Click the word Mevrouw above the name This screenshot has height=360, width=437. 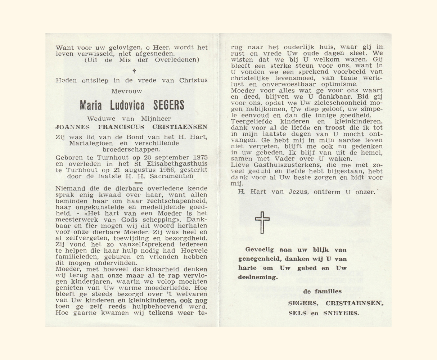coord(127,91)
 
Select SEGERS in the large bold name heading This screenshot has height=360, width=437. coord(169,105)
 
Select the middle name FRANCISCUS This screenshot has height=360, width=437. coord(122,127)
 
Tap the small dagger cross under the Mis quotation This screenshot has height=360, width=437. coord(134,71)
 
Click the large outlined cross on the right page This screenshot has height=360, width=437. coord(262,222)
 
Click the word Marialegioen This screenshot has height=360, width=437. coord(87,143)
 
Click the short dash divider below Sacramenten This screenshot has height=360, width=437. coord(138,183)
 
